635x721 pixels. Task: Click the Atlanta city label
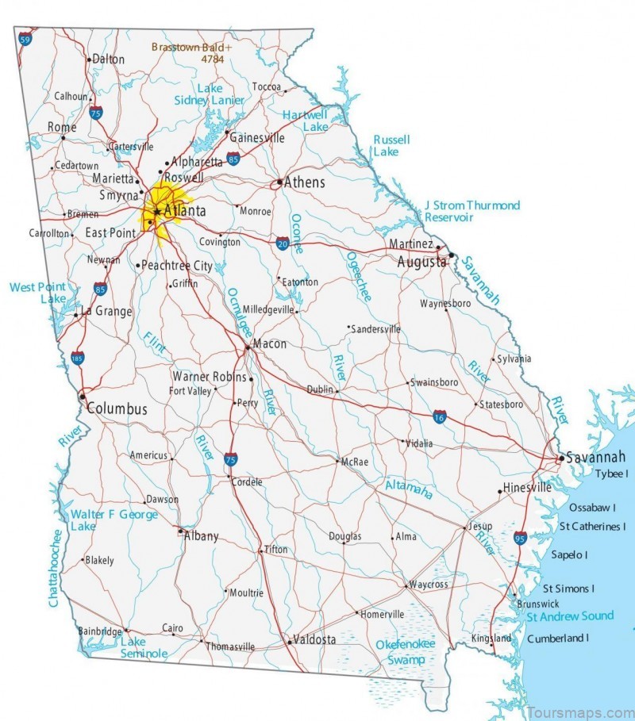(184, 211)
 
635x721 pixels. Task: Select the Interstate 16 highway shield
(440, 416)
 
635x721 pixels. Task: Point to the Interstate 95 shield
(520, 539)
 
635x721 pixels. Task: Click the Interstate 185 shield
(77, 359)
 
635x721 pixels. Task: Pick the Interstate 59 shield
(26, 38)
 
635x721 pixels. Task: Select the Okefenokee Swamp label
(406, 651)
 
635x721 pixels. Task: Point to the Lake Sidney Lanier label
(210, 94)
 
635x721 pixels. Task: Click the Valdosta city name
(314, 639)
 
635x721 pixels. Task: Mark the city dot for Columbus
(82, 397)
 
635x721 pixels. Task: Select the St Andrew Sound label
(571, 616)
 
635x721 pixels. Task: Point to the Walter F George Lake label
(114, 520)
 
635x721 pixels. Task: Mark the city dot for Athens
(279, 183)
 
